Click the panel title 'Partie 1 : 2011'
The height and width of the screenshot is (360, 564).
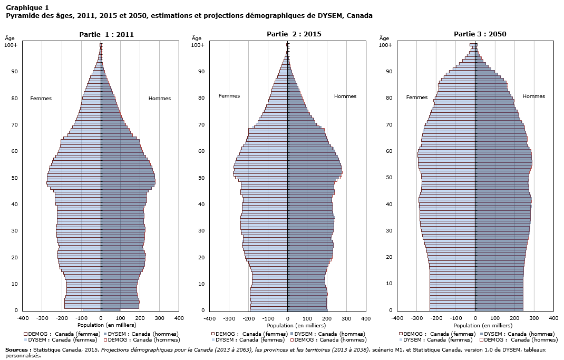[106, 34]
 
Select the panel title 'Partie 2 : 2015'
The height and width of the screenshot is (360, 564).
[294, 34]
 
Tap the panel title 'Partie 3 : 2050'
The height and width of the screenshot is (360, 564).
[480, 34]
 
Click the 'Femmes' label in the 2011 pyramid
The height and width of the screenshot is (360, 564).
[41, 99]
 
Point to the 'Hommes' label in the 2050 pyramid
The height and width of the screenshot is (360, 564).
[533, 96]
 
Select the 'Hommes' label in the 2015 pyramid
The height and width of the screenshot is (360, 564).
[345, 96]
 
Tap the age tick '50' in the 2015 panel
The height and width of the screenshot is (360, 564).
[201, 178]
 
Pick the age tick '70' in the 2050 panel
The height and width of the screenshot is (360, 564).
[389, 124]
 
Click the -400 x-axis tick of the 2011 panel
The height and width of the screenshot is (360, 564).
[22, 318]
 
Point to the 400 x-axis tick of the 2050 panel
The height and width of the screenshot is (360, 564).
[553, 318]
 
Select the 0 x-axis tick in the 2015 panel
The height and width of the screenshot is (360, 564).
[288, 318]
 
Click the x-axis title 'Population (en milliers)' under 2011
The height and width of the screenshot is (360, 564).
[100, 326]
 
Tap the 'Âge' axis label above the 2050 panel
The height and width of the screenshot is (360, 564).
[384, 38]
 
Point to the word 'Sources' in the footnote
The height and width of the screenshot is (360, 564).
[17, 349]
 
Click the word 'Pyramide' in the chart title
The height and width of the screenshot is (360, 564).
[20, 15]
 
